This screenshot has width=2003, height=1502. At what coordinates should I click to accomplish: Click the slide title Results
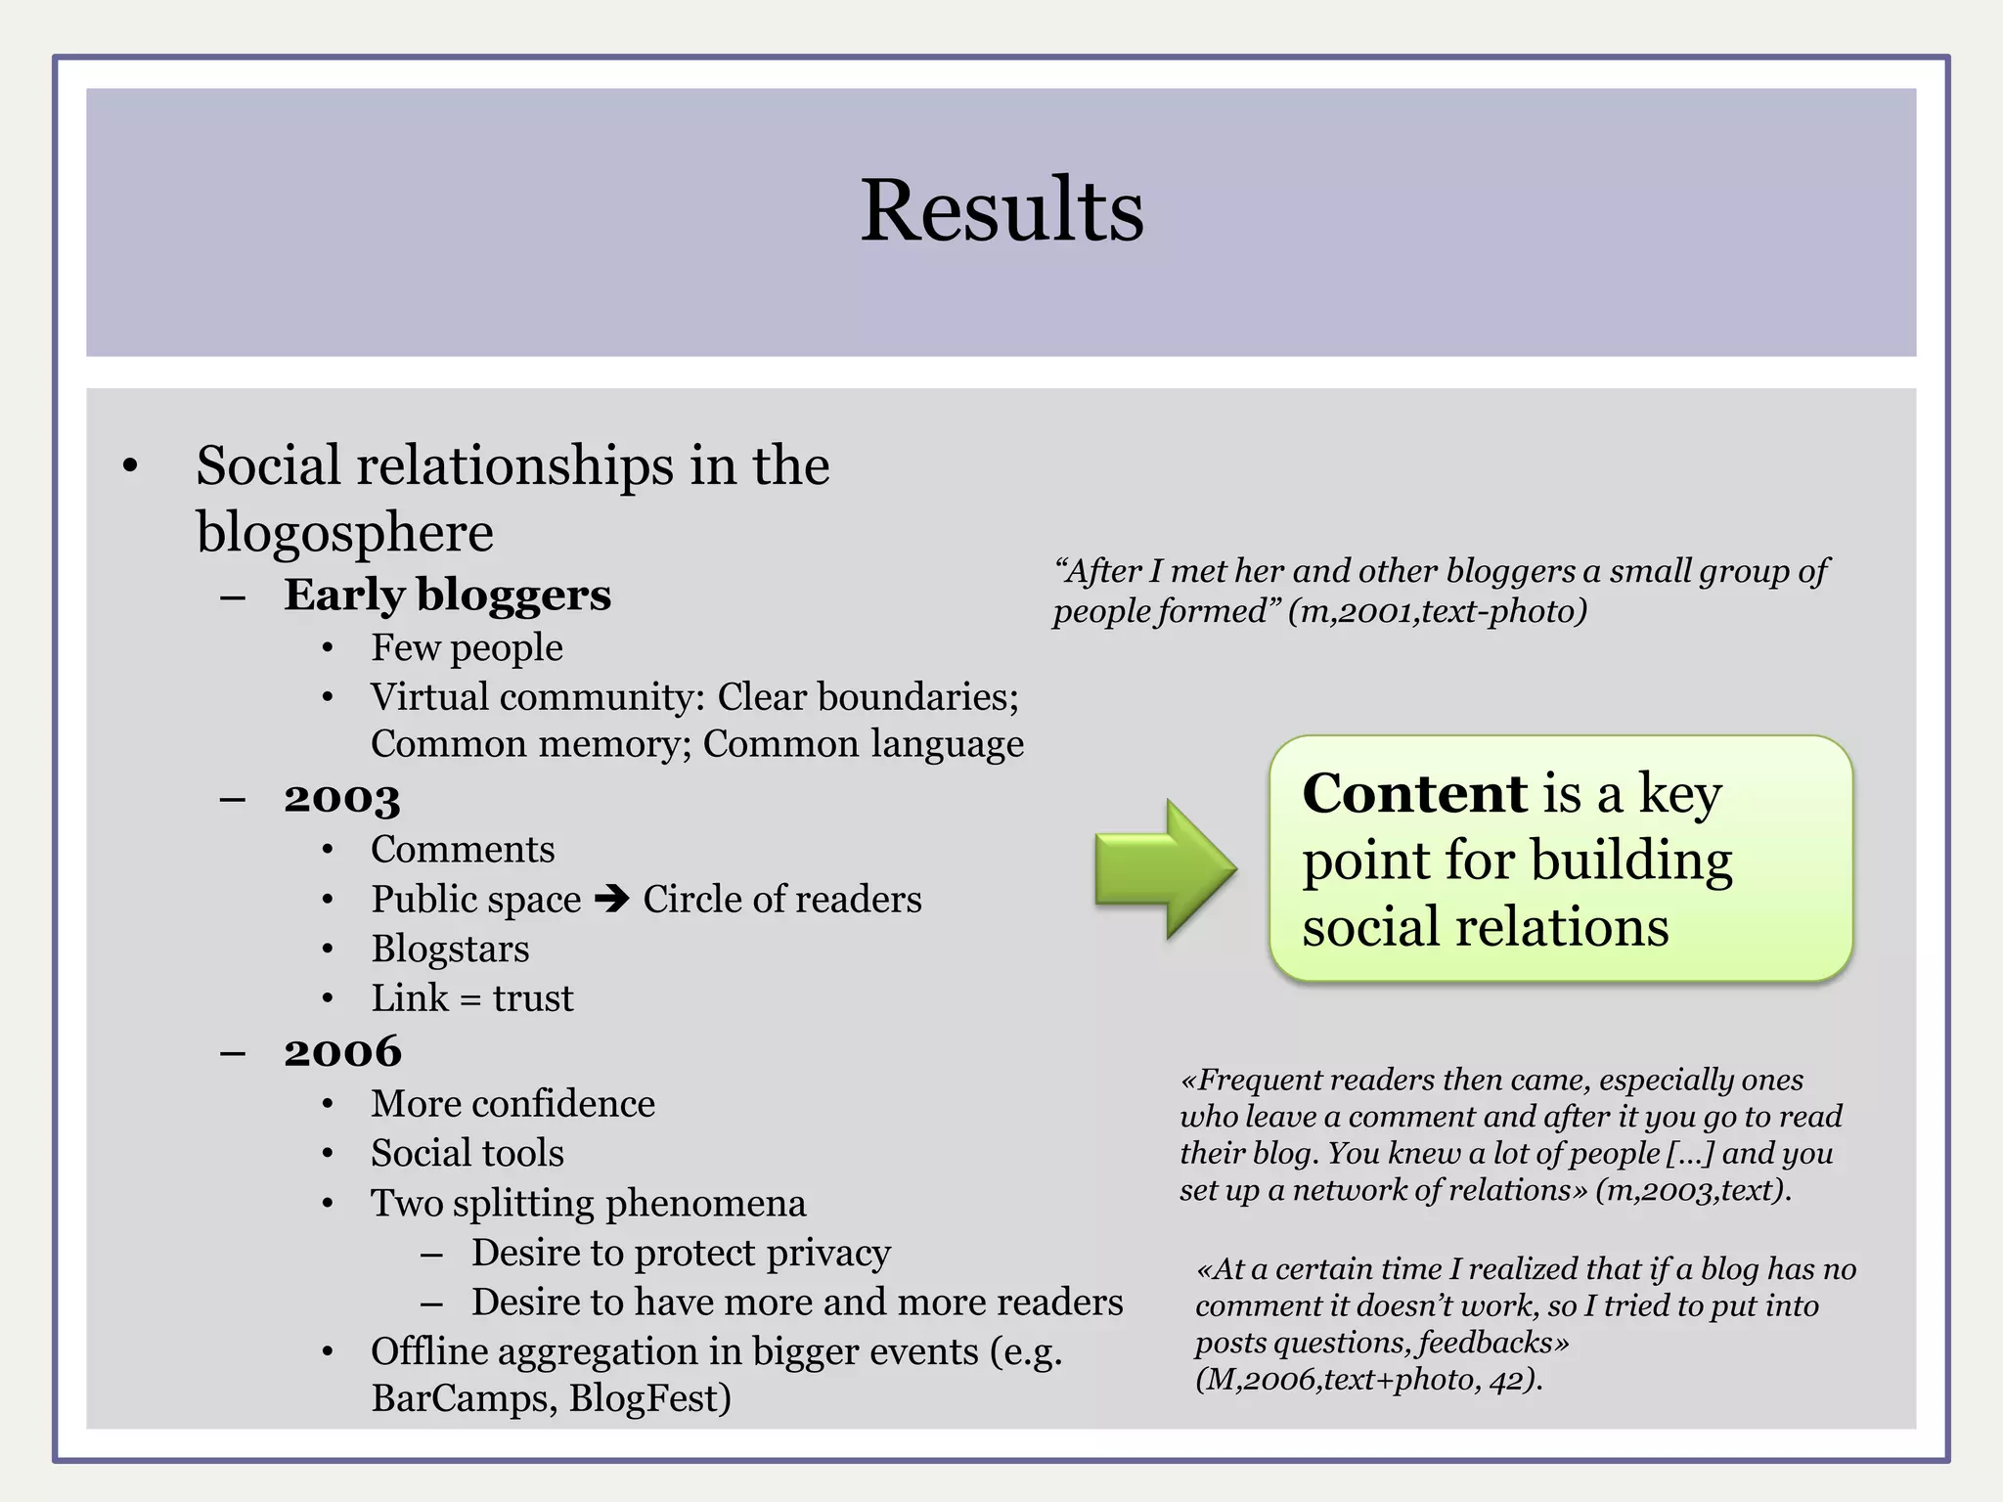tap(1001, 210)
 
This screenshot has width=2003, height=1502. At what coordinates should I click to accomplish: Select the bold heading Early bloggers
tap(447, 595)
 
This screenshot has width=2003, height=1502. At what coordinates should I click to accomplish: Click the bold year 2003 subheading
tap(342, 798)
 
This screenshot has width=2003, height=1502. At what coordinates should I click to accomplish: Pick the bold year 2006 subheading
tap(342, 1051)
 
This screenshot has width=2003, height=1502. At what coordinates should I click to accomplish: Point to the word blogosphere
tap(344, 533)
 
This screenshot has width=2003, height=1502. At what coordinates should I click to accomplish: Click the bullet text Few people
tap(467, 647)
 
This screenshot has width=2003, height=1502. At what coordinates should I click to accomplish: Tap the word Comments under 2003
tap(463, 849)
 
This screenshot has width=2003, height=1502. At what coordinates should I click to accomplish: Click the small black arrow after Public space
tap(612, 898)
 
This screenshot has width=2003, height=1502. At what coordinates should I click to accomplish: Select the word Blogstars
tap(450, 949)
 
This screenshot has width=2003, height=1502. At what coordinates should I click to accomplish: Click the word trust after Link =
tap(533, 998)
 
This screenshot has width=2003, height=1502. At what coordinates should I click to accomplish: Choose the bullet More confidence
tap(512, 1103)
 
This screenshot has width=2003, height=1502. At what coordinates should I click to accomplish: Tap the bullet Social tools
tap(467, 1153)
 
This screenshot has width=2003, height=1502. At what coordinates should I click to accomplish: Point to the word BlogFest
tap(650, 1398)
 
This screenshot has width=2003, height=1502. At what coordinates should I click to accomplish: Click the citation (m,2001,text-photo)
tap(1437, 611)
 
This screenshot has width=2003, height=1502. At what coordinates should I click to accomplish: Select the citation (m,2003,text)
tap(1692, 1190)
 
